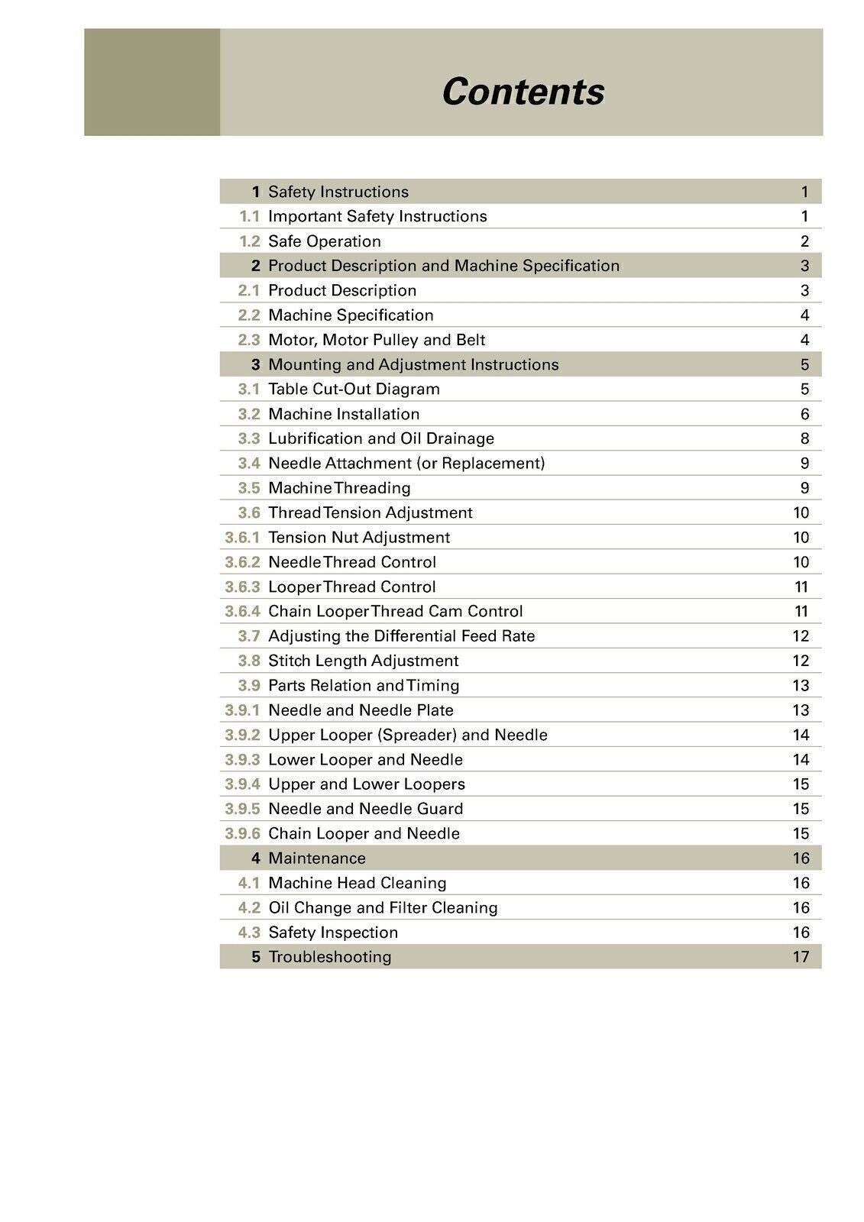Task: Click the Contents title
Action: click(x=523, y=92)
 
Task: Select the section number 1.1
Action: click(x=249, y=216)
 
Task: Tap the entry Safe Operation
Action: click(x=324, y=241)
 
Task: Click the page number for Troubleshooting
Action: click(x=801, y=957)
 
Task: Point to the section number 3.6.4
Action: click(x=242, y=611)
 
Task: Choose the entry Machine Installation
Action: click(x=344, y=414)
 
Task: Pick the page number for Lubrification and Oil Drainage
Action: click(x=804, y=438)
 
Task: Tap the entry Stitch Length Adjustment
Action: click(x=363, y=661)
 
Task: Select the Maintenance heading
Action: click(x=316, y=858)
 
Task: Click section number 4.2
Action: click(x=249, y=907)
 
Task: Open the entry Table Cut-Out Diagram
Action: click(x=354, y=389)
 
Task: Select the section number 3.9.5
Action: click(x=242, y=809)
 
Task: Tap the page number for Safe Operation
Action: click(x=804, y=241)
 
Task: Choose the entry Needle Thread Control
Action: click(x=351, y=562)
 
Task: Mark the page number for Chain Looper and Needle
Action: click(x=801, y=833)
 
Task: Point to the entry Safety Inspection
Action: click(x=332, y=933)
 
